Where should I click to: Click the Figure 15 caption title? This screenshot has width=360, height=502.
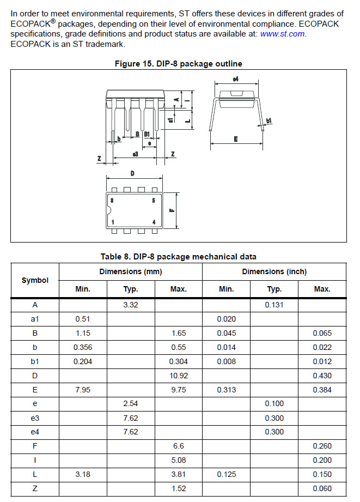pyautogui.click(x=178, y=64)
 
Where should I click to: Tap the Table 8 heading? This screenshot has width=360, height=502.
pyautogui.click(x=178, y=257)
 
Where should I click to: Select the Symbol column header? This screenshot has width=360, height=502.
pyautogui.click(x=35, y=280)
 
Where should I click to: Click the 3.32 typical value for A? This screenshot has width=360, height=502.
pyautogui.click(x=131, y=305)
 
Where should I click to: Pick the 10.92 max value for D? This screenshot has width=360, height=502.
pyautogui.click(x=178, y=376)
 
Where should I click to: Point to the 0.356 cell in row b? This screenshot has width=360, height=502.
pyautogui.click(x=83, y=347)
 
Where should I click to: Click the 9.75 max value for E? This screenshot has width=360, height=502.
pyautogui.click(x=178, y=390)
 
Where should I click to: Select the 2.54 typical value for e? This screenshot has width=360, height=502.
pyautogui.click(x=131, y=404)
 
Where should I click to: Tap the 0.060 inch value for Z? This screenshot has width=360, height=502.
pyautogui.click(x=322, y=488)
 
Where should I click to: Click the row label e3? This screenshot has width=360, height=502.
pyautogui.click(x=35, y=418)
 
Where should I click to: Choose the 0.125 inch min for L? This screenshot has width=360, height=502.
pyautogui.click(x=226, y=474)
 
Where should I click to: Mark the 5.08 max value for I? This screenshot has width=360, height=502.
pyautogui.click(x=178, y=460)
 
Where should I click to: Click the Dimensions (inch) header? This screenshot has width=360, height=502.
pyautogui.click(x=274, y=271)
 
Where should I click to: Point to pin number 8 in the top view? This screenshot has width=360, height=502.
pyautogui.click(x=112, y=201)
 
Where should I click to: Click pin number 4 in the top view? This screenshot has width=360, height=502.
pyautogui.click(x=154, y=222)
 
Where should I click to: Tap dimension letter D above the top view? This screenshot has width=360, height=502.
pyautogui.click(x=132, y=174)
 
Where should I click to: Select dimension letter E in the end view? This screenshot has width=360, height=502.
pyautogui.click(x=236, y=140)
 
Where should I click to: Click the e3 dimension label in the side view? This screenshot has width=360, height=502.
pyautogui.click(x=136, y=155)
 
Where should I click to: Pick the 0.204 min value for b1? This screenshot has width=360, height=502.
pyautogui.click(x=83, y=361)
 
